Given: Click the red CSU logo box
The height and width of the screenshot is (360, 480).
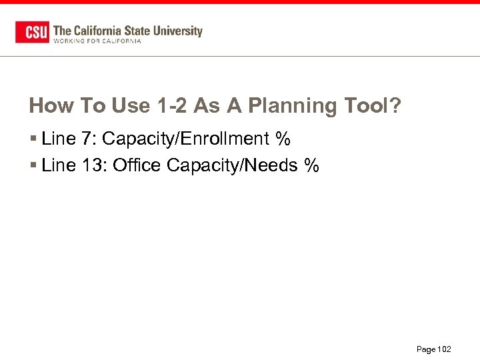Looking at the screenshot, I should [x=32, y=32].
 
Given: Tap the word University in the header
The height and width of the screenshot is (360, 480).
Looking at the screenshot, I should [x=177, y=31].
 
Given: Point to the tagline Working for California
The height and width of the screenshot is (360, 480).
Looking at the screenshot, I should [x=97, y=41].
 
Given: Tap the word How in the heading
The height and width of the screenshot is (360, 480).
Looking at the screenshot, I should [x=50, y=105].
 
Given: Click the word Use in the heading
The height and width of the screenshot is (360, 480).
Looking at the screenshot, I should [x=131, y=105].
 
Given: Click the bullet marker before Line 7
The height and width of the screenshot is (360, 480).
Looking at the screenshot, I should [x=33, y=140].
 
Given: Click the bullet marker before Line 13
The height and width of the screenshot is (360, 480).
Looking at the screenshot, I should [x=33, y=166].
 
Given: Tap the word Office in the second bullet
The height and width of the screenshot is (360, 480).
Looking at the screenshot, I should [x=137, y=165].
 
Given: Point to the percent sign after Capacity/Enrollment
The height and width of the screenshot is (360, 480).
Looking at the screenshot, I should [x=283, y=139].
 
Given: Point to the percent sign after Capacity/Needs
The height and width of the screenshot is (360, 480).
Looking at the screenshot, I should [x=311, y=165].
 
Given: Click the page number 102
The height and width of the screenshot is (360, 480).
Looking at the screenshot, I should [x=444, y=349].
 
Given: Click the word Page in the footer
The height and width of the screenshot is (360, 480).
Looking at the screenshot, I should [x=425, y=349].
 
